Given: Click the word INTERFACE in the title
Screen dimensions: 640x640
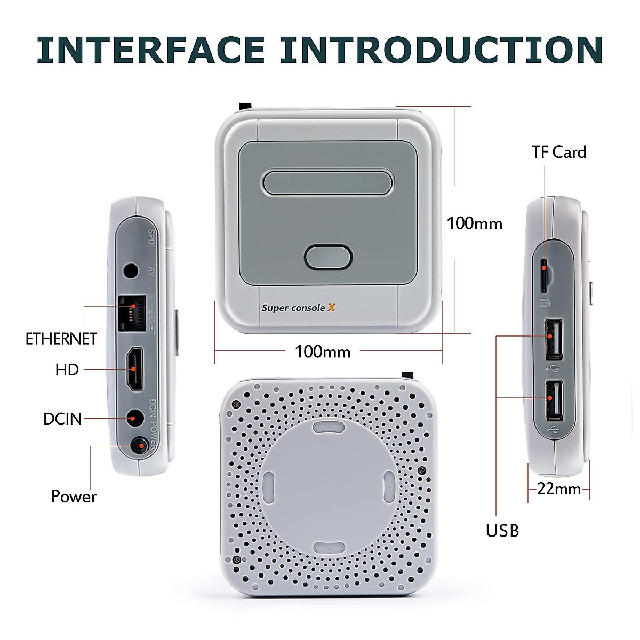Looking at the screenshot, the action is click(x=150, y=50).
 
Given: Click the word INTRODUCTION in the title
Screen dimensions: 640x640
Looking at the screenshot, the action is click(x=442, y=50).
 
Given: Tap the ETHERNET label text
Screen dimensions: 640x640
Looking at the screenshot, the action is click(x=61, y=339).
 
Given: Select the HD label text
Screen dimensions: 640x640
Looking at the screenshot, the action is click(x=67, y=370).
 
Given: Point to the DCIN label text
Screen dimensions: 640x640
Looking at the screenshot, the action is click(x=62, y=419).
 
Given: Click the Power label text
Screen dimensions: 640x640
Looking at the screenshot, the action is click(x=74, y=497).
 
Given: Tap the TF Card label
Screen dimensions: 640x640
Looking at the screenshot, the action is click(x=558, y=153).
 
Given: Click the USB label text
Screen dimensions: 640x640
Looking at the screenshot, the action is click(x=502, y=531).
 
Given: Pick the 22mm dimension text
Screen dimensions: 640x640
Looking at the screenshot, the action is click(x=559, y=489).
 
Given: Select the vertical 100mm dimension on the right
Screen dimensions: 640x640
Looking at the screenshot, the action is click(x=474, y=223).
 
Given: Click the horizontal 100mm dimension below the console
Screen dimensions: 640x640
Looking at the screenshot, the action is click(x=323, y=351).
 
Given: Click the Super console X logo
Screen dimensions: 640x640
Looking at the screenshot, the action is click(x=298, y=308).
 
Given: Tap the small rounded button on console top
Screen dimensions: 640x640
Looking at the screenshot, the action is click(x=328, y=257).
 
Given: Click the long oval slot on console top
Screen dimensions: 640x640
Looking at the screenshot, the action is click(x=328, y=182).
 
